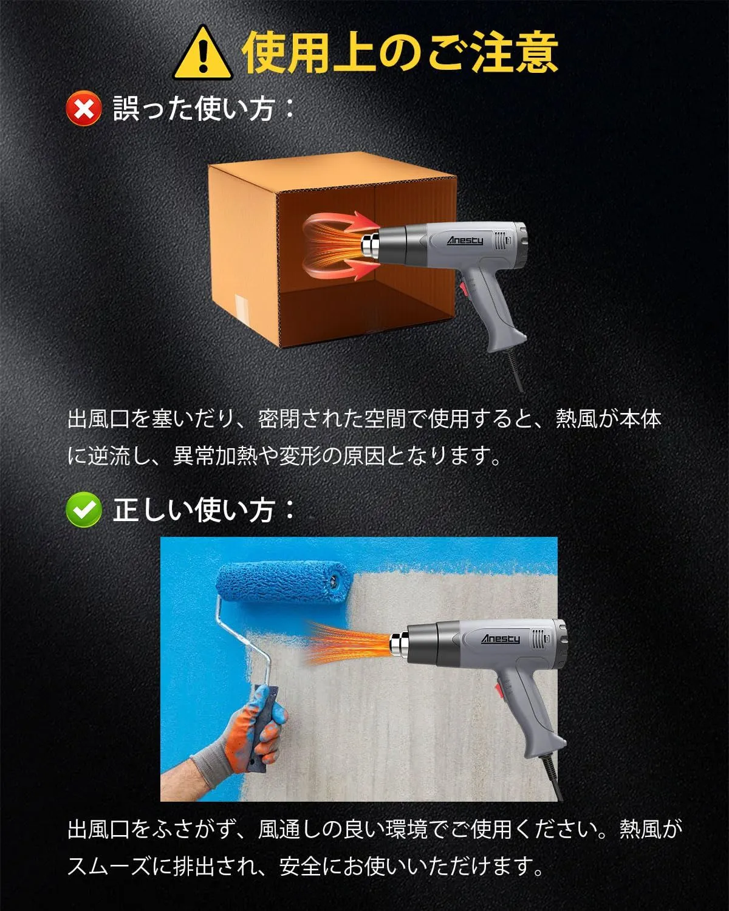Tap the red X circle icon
(84, 109)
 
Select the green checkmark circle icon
(84, 510)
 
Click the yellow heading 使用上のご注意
(400, 52)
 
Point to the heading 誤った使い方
(204, 109)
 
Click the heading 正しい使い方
(204, 510)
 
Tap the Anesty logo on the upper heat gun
(465, 241)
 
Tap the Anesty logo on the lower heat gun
(500, 638)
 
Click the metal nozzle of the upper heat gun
(371, 245)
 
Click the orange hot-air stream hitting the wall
(348, 643)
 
